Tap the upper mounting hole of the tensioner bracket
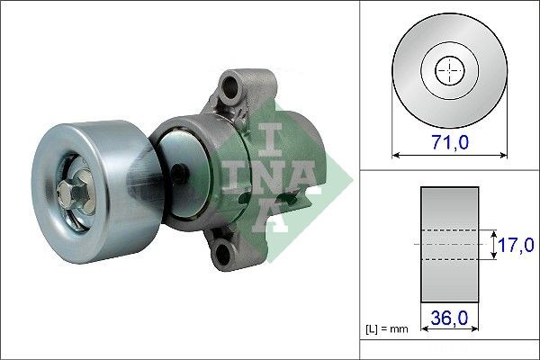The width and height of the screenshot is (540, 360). tap(233, 89)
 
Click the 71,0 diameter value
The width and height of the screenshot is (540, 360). tap(447, 141)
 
